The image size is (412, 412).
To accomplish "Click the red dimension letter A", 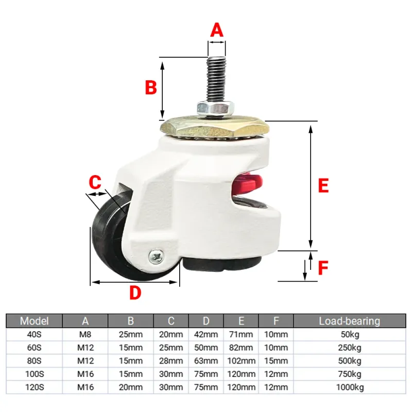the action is (217, 30).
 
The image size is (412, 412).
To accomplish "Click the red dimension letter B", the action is (151, 87).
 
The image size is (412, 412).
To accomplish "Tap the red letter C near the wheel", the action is (95, 182).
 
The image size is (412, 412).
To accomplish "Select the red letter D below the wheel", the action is (135, 293).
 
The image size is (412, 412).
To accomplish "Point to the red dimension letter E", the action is (323, 185).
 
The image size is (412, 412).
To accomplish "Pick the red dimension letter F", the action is (323, 268).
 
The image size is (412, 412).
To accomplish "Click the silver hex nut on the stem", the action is (216, 108).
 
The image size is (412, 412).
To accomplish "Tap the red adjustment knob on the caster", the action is (247, 184).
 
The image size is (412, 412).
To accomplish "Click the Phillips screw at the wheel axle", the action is (156, 256).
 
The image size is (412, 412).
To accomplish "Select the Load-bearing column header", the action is (350, 321).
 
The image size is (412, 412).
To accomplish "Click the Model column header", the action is (35, 321).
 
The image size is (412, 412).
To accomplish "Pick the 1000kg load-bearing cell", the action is (350, 387).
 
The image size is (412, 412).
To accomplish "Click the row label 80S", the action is (35, 360).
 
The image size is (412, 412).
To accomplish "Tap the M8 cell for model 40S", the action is (85, 334).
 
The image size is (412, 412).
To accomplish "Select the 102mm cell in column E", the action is (241, 360).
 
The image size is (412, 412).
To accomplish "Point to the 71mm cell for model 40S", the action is (241, 334).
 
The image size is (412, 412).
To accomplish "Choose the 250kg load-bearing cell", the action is (350, 347).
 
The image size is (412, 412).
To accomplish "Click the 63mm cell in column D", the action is (206, 360).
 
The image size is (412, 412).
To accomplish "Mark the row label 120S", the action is (35, 387).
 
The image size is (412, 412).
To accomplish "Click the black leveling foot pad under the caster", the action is (222, 264).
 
